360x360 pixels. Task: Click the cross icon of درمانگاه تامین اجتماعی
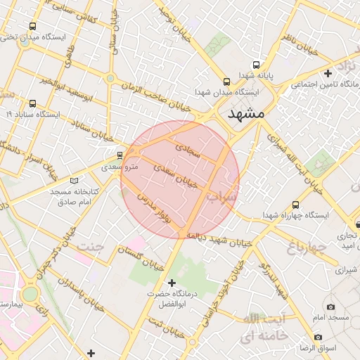pos(328,72)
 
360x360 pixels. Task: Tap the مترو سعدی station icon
pos(120,155)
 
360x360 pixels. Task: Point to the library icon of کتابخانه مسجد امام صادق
pos(75,180)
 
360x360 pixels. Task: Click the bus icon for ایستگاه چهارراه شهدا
pos(295,205)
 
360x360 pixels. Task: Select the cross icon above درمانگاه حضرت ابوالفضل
pos(172,283)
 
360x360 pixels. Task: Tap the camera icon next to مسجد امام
pos(330,307)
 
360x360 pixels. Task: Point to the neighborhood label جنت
pos(90,247)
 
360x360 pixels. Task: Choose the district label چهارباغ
pos(307,246)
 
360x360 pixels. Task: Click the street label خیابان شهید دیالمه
pos(223,239)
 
